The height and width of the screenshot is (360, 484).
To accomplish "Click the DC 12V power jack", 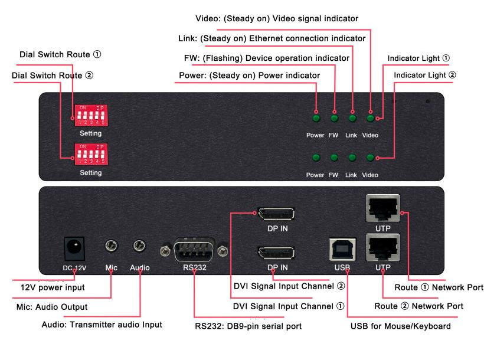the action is pos(74,248).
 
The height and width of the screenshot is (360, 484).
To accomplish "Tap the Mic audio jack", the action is pos(111,246).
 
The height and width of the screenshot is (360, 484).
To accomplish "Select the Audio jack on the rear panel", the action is pos(139,246).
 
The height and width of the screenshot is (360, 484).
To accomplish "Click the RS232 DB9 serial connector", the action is pos(194,250).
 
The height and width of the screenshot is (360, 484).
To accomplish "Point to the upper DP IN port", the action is pos(276,214).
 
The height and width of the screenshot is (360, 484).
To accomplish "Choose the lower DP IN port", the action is pos(276,253).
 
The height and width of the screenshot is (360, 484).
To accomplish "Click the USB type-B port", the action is pos(342,249).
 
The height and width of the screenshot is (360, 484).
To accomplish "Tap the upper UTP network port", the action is pos(382,208).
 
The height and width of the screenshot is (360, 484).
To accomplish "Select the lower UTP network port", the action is pos(382,247).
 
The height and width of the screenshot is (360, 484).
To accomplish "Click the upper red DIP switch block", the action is pos(91,116).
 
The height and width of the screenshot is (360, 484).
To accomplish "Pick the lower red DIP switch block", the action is pos(91,154).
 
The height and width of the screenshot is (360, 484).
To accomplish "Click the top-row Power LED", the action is pos(316,118).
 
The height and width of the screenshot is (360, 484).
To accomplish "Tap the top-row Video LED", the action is pos(371,118).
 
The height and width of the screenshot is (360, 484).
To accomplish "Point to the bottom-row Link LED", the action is pos(352,158).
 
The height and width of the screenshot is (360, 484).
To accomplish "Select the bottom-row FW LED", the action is pos(334,158).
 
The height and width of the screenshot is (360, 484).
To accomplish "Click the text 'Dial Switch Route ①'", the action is pos(60,55).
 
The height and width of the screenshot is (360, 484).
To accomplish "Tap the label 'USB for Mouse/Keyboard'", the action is pos(400,326).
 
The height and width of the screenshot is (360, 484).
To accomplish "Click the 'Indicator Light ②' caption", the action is pos(425,75).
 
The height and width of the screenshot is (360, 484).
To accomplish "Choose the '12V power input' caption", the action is pos(53,287).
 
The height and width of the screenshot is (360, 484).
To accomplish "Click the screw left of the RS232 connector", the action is pos(165,251).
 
